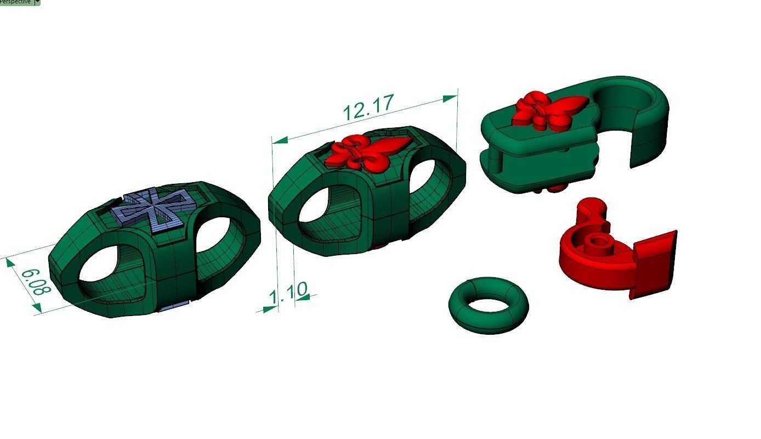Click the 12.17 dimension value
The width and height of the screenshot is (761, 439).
coord(368,107)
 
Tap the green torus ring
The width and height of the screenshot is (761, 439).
coord(489,305)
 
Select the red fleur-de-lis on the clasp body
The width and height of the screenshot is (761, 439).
coord(548,110)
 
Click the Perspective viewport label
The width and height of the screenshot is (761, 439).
coord(16,2)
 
